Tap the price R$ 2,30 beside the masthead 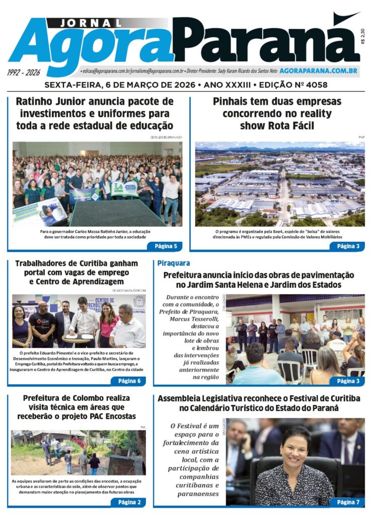(363, 37)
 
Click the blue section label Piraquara (174, 263)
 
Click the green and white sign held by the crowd (124, 188)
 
